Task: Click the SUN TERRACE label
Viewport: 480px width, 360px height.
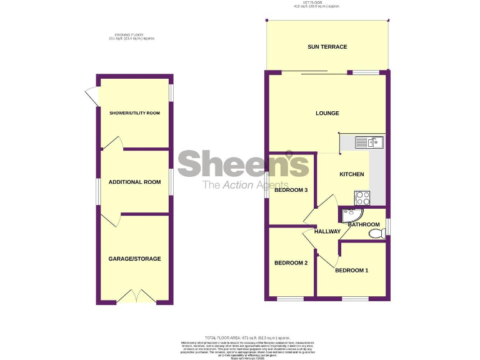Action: [x=327, y=47]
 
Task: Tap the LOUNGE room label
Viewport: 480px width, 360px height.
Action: [x=327, y=113]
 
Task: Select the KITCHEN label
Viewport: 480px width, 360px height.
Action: [x=351, y=174]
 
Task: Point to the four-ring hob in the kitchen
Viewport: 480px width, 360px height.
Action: [x=362, y=197]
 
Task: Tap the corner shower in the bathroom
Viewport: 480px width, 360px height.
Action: [x=347, y=215]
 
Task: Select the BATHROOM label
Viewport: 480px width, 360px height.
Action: [x=364, y=224]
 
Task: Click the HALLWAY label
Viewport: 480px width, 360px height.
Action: [x=327, y=232]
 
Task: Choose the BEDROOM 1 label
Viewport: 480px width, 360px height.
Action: [x=351, y=271]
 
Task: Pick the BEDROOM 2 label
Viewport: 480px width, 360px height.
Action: [x=291, y=263]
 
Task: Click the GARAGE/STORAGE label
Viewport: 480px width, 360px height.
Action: [x=134, y=259]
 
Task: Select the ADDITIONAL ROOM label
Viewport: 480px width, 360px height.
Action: [x=134, y=182]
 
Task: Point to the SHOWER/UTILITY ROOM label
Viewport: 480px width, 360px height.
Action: [x=134, y=113]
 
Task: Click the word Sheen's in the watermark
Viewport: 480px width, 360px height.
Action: [x=243, y=164]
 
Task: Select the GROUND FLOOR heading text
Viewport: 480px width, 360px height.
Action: [x=131, y=36]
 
